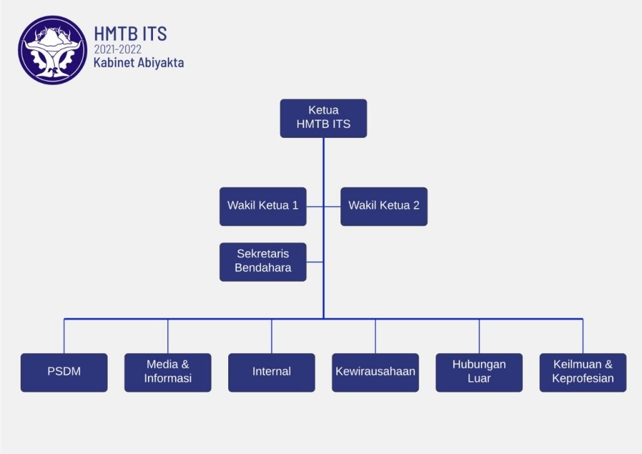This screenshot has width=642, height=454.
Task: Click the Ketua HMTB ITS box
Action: [x=323, y=118]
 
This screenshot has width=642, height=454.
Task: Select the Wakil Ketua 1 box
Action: [x=263, y=206]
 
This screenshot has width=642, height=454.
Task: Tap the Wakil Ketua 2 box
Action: [x=384, y=206]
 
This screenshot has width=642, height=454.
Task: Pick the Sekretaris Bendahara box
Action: [x=263, y=261]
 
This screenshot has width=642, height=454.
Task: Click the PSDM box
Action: [x=64, y=372]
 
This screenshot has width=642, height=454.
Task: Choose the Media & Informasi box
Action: [x=167, y=372]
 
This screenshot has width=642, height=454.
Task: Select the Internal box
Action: [x=271, y=372]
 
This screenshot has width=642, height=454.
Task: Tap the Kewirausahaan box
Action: [x=375, y=372]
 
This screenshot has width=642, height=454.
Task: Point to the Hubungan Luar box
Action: [x=479, y=372]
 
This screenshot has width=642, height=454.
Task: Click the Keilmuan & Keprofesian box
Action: [x=582, y=372]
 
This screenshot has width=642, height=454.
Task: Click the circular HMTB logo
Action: [x=52, y=50]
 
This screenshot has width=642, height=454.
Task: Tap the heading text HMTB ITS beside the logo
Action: [x=130, y=33]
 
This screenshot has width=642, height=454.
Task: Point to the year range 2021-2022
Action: [x=118, y=50]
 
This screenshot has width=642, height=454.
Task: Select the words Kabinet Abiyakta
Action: [x=139, y=63]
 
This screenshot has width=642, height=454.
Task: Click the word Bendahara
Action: [x=263, y=268]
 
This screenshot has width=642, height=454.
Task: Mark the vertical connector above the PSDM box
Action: [x=64, y=336]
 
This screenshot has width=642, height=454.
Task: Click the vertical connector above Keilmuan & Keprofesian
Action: [x=582, y=336]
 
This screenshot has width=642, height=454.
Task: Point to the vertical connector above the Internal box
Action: [x=271, y=336]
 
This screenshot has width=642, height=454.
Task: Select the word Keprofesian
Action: [x=582, y=379]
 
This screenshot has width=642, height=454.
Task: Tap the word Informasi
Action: [x=167, y=379]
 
